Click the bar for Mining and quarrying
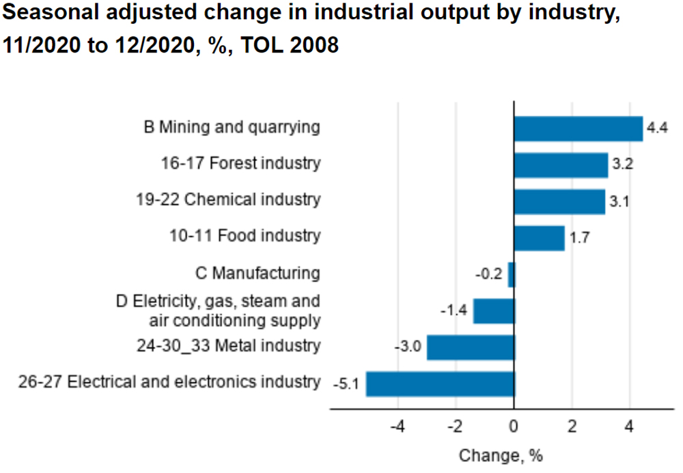click(x=578, y=128)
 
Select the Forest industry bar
click(x=561, y=165)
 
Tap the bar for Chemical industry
click(x=559, y=201)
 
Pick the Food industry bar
click(x=539, y=238)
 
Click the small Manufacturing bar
click(x=511, y=274)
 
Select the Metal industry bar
click(x=471, y=347)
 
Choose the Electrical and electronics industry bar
click(x=440, y=384)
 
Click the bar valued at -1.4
click(x=493, y=311)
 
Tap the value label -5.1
click(x=346, y=384)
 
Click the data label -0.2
click(x=488, y=274)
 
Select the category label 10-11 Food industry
click(x=245, y=236)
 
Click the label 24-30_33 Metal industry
click(x=228, y=345)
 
